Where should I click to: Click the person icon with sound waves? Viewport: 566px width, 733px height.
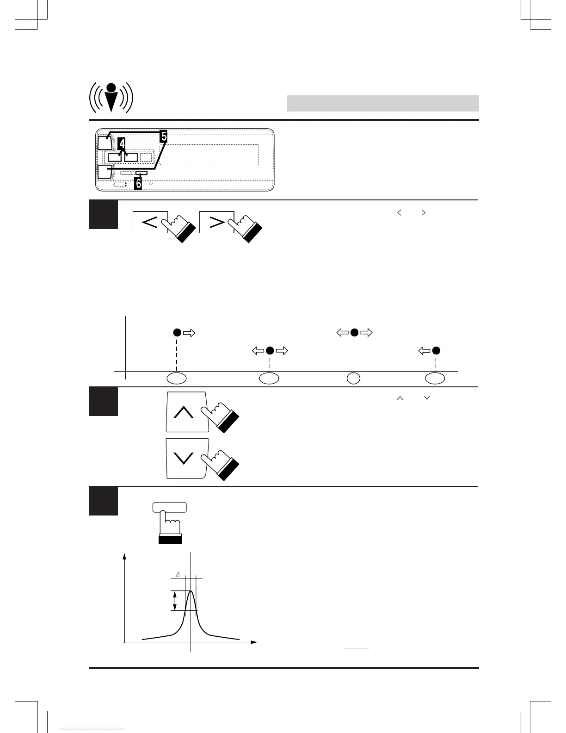click(111, 97)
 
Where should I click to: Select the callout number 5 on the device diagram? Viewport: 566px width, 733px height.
click(163, 136)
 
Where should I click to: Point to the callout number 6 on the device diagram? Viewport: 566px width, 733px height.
click(138, 183)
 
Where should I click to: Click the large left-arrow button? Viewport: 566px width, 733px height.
click(150, 222)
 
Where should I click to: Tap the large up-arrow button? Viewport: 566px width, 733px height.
click(185, 411)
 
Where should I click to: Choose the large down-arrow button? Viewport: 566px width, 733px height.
click(185, 459)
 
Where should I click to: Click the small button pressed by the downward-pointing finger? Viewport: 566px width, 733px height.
click(169, 507)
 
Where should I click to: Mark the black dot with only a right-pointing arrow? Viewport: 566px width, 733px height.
click(176, 332)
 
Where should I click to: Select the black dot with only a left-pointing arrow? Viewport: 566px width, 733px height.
click(436, 351)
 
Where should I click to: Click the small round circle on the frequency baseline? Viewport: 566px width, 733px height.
click(354, 378)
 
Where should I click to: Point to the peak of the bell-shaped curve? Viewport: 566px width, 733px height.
click(190, 591)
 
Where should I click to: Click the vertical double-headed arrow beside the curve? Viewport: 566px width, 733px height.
click(174, 601)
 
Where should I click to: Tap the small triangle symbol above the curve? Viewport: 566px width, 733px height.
click(178, 575)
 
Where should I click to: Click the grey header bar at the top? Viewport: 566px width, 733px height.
click(382, 103)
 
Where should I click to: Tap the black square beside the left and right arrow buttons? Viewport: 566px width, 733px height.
click(103, 214)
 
